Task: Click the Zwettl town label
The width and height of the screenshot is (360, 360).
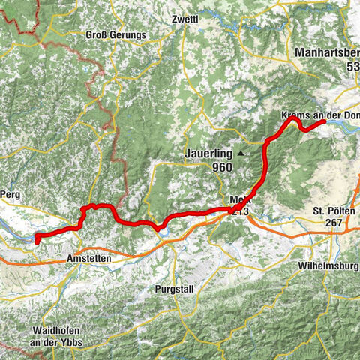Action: tap(184, 19)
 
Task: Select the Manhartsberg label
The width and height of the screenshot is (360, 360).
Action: tap(328, 53)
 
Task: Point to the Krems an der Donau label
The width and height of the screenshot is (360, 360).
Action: tap(320, 116)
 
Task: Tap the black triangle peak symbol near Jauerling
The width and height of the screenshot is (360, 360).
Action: tap(241, 154)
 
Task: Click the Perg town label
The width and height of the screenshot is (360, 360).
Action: tap(8, 193)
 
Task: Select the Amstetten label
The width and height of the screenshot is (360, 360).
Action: tap(89, 258)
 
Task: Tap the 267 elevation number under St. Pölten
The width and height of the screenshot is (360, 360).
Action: tap(334, 223)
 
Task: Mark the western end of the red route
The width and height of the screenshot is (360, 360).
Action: tap(37, 240)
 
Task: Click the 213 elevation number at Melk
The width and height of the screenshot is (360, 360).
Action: tap(240, 211)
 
